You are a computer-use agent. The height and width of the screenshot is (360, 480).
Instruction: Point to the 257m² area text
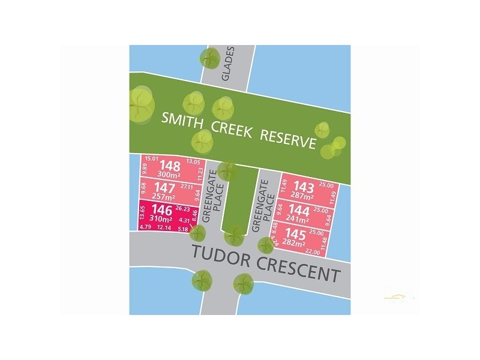pyautogui.click(x=163, y=197)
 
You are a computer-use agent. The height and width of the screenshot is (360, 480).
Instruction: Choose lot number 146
pyautogui.click(x=163, y=210)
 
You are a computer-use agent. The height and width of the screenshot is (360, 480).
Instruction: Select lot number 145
pyautogui.click(x=296, y=233)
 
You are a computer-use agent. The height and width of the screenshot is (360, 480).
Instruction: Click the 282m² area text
pyautogui.click(x=295, y=243)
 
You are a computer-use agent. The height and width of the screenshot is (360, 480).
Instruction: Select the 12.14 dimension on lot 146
pyautogui.click(x=163, y=228)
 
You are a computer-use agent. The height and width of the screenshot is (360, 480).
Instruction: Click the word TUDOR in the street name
pyautogui.click(x=219, y=255)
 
